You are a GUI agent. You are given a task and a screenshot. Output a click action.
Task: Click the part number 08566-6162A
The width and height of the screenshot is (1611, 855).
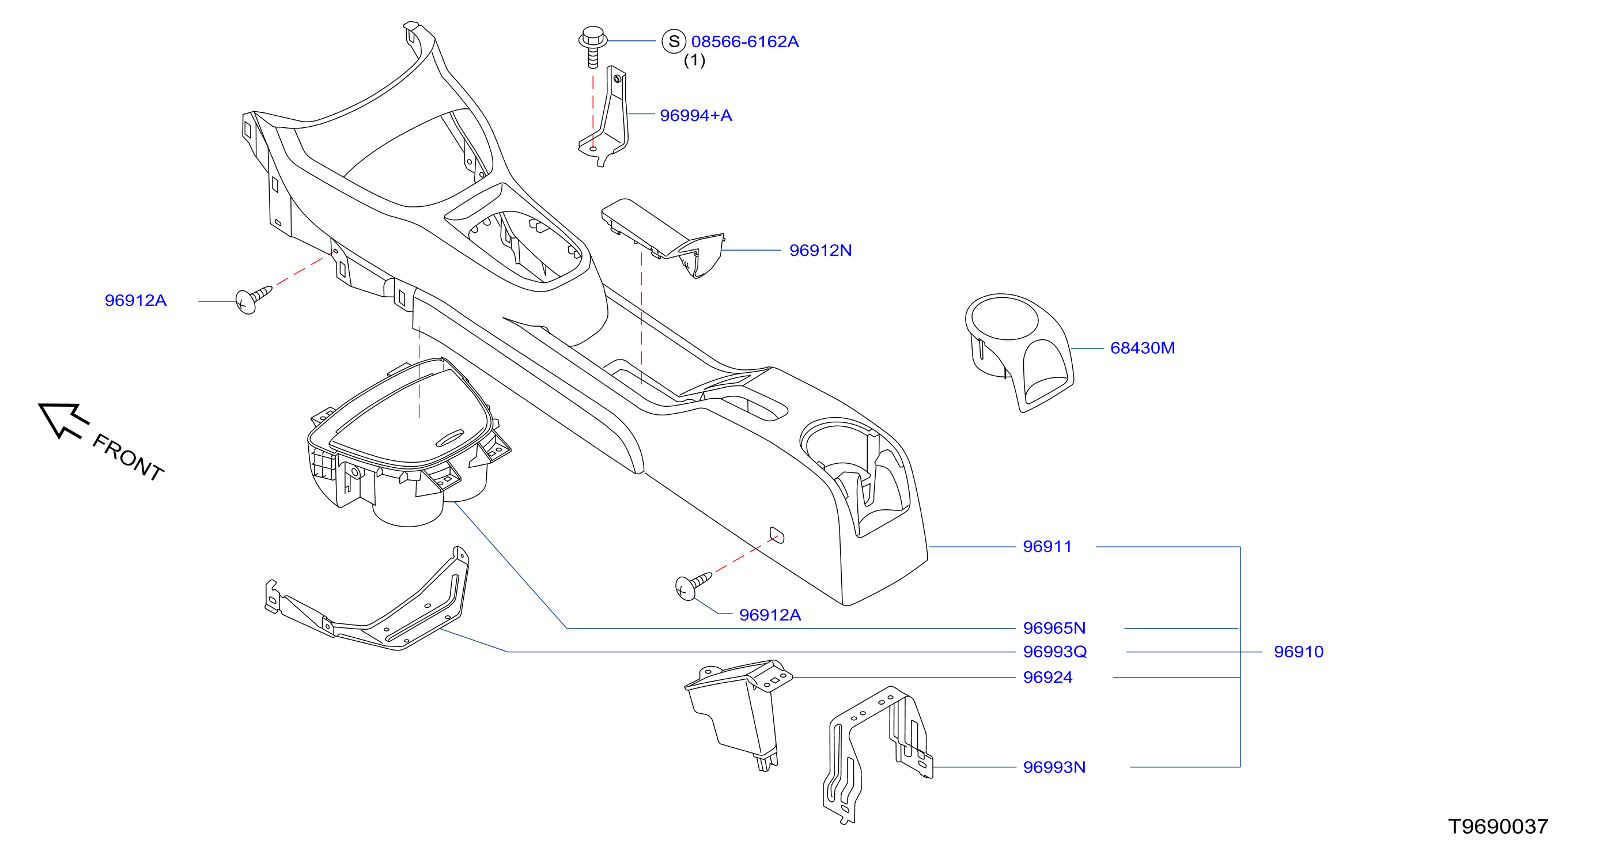(744, 42)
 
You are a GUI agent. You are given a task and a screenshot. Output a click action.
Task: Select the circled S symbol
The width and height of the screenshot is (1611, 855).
(674, 41)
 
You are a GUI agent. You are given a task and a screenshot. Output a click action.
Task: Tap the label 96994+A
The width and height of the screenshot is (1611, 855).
(695, 116)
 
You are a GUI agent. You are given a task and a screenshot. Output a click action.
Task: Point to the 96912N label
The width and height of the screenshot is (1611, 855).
(820, 250)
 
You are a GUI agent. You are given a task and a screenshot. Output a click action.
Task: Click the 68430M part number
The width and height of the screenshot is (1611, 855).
(1142, 348)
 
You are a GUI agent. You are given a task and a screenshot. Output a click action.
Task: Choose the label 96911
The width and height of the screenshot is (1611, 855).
(1047, 547)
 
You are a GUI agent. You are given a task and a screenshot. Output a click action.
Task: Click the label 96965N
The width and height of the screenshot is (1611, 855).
(1054, 628)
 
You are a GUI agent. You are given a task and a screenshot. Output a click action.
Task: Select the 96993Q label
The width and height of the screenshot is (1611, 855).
(1054, 652)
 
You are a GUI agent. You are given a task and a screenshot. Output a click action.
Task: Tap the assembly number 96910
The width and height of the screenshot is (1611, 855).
(1298, 652)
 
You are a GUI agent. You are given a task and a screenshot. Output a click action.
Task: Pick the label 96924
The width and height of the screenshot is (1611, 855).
(1047, 678)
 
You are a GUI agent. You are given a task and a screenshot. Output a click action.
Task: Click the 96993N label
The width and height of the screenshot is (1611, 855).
(1054, 767)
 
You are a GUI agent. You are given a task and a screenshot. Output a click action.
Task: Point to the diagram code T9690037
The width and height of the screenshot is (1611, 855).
(1498, 827)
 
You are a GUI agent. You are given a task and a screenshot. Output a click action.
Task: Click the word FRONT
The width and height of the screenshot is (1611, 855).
(128, 457)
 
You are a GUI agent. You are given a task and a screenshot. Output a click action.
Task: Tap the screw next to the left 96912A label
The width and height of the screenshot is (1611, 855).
(254, 300)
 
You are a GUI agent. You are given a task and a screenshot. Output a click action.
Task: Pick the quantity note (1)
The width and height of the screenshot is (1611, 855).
(694, 60)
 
